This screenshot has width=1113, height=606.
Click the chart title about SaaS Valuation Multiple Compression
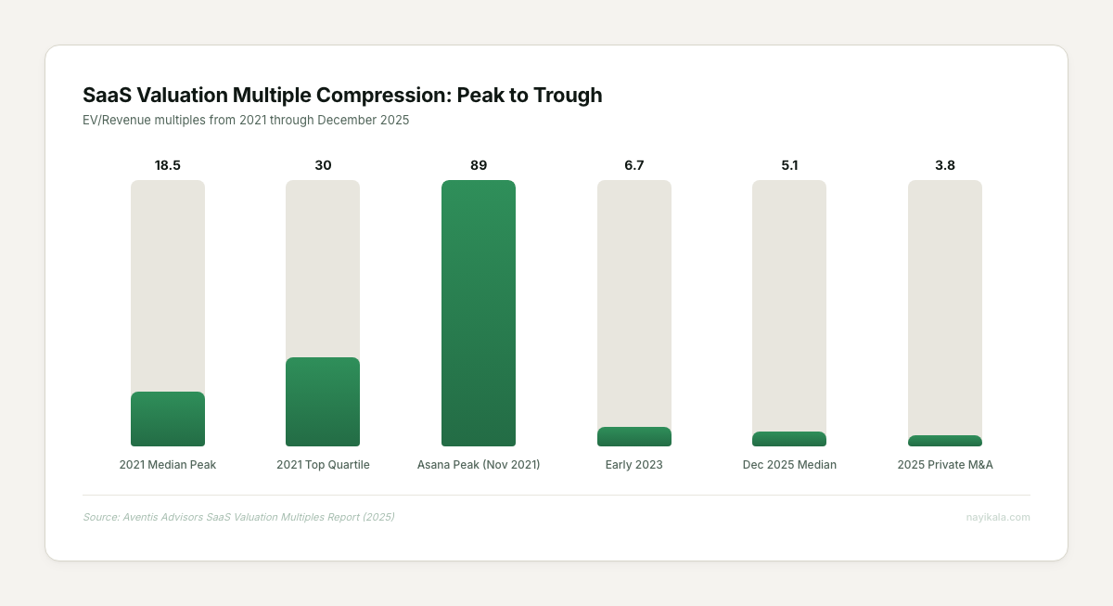[342, 95]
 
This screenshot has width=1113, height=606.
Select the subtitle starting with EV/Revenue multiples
[246, 120]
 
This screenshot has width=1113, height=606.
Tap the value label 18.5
[168, 165]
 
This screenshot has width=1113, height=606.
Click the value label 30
[323, 165]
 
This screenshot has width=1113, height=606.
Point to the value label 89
[479, 165]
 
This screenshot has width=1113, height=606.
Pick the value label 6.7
[634, 165]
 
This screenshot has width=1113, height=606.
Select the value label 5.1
[789, 165]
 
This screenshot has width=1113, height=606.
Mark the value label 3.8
[945, 165]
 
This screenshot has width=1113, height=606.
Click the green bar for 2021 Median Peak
[168, 419]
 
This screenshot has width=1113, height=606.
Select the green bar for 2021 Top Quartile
[323, 402]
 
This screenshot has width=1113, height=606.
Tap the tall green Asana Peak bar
[479, 313]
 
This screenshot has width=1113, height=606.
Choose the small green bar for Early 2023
[634, 437]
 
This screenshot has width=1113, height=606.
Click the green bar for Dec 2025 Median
[789, 439]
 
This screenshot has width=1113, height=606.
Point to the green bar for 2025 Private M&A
[945, 441]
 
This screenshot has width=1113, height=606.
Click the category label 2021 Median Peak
[168, 465]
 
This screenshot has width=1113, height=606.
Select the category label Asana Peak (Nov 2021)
[479, 465]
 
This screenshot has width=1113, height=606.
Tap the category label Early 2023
[634, 465]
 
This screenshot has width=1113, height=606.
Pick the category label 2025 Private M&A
[945, 465]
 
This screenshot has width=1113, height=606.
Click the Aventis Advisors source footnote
[238, 517]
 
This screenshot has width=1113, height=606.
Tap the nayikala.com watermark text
[998, 517]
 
